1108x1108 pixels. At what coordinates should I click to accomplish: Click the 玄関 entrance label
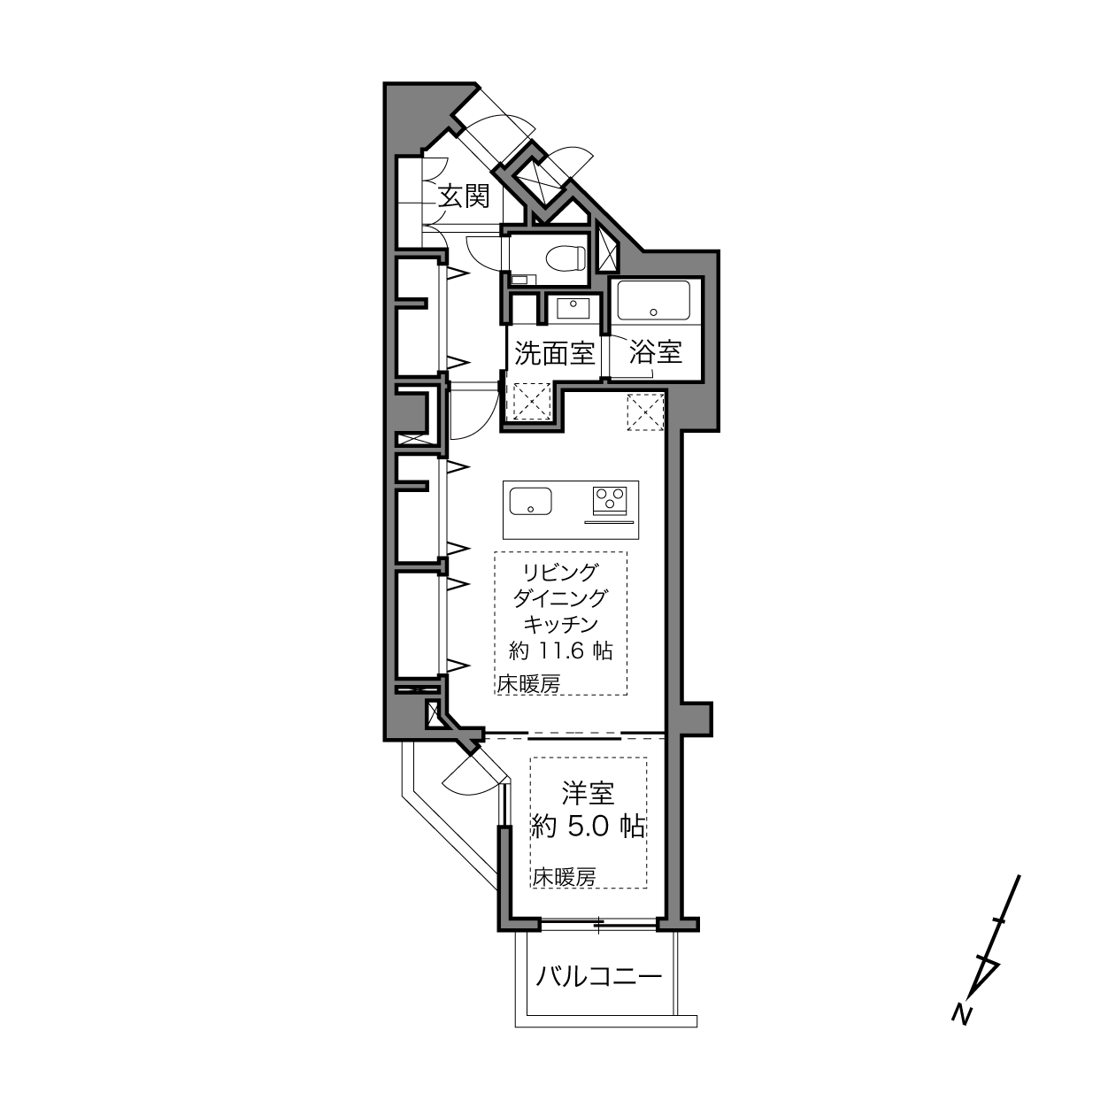click(464, 196)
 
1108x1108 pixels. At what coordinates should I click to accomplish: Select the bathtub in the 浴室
click(653, 300)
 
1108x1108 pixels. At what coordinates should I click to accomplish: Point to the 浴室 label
click(656, 352)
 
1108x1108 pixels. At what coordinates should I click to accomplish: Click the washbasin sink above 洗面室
click(573, 308)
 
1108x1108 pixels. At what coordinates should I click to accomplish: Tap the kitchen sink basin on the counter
click(531, 501)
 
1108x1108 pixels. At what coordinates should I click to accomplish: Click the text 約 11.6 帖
click(560, 650)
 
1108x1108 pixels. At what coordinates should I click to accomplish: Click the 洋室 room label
click(588, 794)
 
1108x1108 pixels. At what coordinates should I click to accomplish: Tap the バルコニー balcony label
click(599, 976)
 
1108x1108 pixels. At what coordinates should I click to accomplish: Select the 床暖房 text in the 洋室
click(564, 877)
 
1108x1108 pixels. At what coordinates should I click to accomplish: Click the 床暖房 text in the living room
click(528, 684)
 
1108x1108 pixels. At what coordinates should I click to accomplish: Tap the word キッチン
click(560, 624)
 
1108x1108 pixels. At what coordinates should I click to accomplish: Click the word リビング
click(560, 572)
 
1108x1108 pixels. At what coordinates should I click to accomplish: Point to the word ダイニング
click(560, 598)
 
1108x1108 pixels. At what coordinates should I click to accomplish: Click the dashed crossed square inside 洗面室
click(532, 402)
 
